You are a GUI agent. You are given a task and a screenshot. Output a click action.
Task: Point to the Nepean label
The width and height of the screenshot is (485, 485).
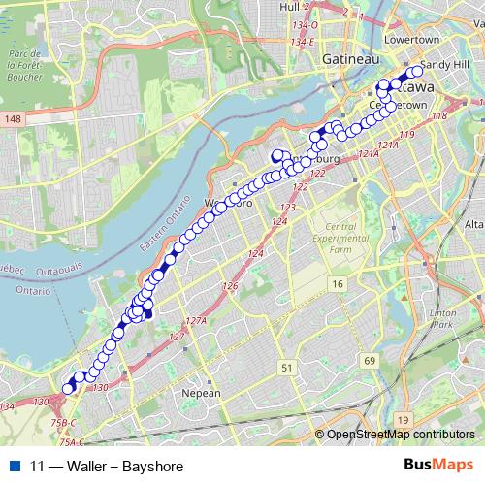point(202,393)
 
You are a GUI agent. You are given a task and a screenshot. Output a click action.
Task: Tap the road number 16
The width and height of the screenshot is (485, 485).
point(337,283)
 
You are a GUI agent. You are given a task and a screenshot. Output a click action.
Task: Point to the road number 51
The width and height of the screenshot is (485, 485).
point(286,367)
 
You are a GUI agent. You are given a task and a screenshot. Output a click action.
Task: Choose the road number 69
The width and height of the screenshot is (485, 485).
point(370,361)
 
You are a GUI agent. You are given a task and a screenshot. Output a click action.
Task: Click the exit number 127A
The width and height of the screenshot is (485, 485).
point(197,319)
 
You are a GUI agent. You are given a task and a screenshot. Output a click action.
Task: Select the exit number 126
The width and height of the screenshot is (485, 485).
point(230,286)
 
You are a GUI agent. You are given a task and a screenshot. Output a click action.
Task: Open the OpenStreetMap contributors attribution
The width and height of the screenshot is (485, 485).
point(401,435)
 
